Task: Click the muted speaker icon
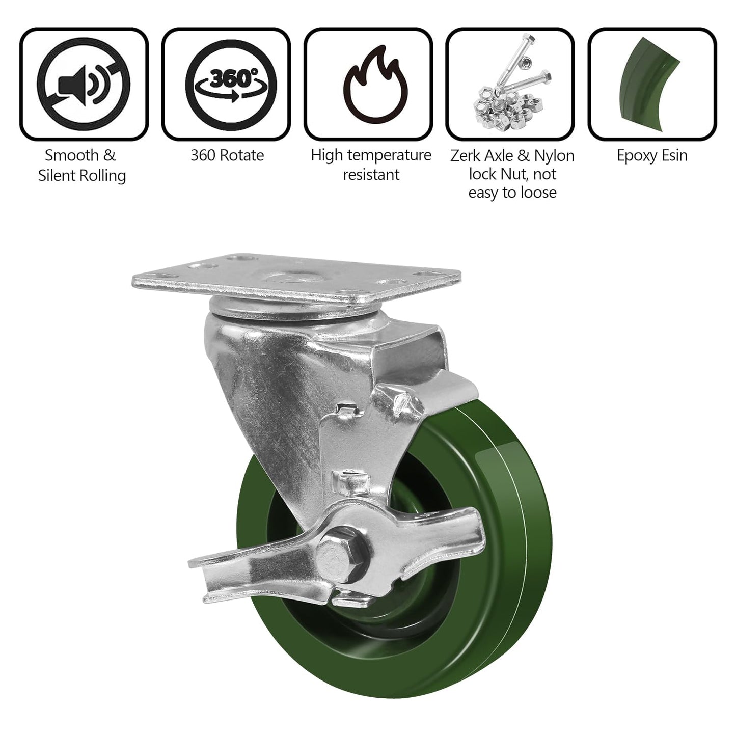pyautogui.click(x=83, y=84)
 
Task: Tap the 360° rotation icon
pyautogui.click(x=231, y=84)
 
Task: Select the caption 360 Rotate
pyautogui.click(x=227, y=155)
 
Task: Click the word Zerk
pyautogui.click(x=466, y=156)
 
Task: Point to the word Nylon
pyautogui.click(x=554, y=156)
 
